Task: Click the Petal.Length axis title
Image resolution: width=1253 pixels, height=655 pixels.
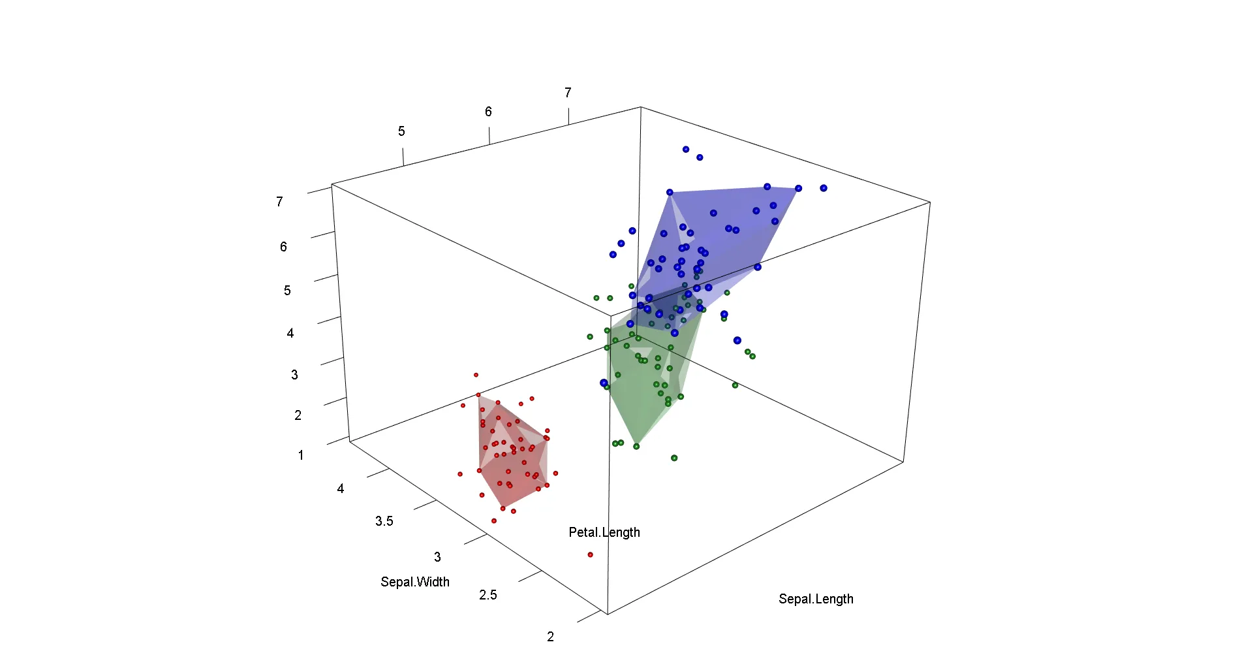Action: (x=604, y=532)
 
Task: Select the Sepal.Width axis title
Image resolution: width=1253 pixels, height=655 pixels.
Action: (x=415, y=582)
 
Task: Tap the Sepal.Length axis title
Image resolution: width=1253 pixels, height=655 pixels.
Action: (x=816, y=599)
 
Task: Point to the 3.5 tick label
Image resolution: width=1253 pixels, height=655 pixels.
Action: (x=384, y=521)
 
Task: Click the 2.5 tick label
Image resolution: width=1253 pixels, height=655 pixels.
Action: (x=488, y=595)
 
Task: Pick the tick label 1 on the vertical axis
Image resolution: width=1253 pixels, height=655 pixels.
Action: (x=301, y=455)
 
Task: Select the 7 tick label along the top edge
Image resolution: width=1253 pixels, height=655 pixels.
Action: (x=568, y=93)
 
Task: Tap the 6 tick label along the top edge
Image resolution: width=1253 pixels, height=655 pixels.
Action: (x=488, y=112)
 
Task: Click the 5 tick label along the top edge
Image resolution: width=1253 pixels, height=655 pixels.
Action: (x=401, y=131)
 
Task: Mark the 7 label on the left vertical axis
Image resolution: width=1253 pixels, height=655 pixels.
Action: (x=279, y=202)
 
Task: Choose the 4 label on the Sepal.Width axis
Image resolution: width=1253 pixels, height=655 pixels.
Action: (x=341, y=488)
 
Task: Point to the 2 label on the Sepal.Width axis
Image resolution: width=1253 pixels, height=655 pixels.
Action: (x=551, y=637)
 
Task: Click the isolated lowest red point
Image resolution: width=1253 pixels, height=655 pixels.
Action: (x=590, y=554)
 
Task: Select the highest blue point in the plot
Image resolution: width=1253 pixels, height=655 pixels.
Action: (x=686, y=150)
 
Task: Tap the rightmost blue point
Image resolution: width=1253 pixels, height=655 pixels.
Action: (x=824, y=188)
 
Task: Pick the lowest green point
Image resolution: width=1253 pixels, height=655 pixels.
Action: (x=674, y=458)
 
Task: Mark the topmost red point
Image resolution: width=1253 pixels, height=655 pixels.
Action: (x=476, y=375)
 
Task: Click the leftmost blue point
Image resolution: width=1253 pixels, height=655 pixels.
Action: (x=604, y=383)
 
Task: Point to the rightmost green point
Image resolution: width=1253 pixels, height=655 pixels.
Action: (x=752, y=356)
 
